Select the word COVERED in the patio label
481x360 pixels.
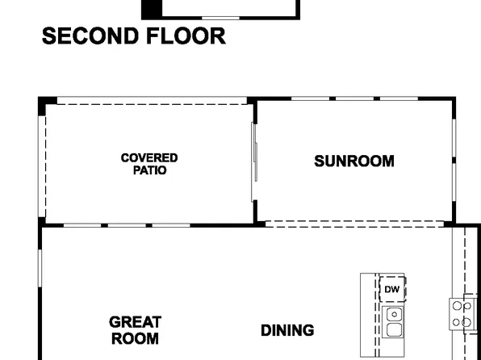(149, 158)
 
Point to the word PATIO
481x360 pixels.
(149, 170)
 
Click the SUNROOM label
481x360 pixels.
(354, 161)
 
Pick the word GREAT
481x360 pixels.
(135, 322)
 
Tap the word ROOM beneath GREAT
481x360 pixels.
(135, 339)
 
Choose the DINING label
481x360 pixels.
(287, 330)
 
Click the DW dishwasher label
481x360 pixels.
(391, 289)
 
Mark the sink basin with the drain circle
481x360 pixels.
(394, 314)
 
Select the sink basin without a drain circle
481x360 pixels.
(394, 329)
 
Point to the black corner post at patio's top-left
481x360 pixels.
(48, 102)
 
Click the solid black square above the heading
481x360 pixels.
(152, 9)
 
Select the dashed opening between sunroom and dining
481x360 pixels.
(355, 224)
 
